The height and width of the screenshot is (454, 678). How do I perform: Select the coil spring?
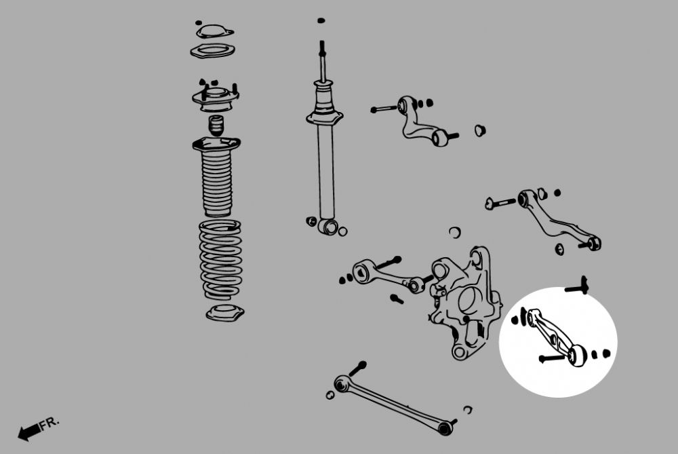[220, 259]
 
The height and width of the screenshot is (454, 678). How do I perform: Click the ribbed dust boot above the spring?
[216, 176]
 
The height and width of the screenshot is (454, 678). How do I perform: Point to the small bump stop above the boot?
[216, 125]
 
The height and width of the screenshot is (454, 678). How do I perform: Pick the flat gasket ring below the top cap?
[212, 51]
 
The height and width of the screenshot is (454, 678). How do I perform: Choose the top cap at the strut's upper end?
[214, 32]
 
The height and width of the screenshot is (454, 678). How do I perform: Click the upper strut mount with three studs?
[216, 97]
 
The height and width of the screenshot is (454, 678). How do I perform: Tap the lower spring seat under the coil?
[225, 312]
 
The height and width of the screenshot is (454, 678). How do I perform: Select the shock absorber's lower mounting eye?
[328, 227]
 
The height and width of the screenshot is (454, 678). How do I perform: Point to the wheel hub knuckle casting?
[465, 302]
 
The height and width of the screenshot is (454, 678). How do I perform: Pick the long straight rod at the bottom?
[393, 405]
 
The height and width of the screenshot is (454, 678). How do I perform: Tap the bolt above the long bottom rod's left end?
[357, 368]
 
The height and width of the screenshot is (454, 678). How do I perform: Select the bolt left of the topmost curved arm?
[384, 109]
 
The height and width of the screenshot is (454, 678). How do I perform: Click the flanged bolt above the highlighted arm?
[577, 286]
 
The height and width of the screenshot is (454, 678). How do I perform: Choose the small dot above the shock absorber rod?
[321, 20]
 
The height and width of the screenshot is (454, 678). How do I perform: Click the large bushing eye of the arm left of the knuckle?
[361, 272]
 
